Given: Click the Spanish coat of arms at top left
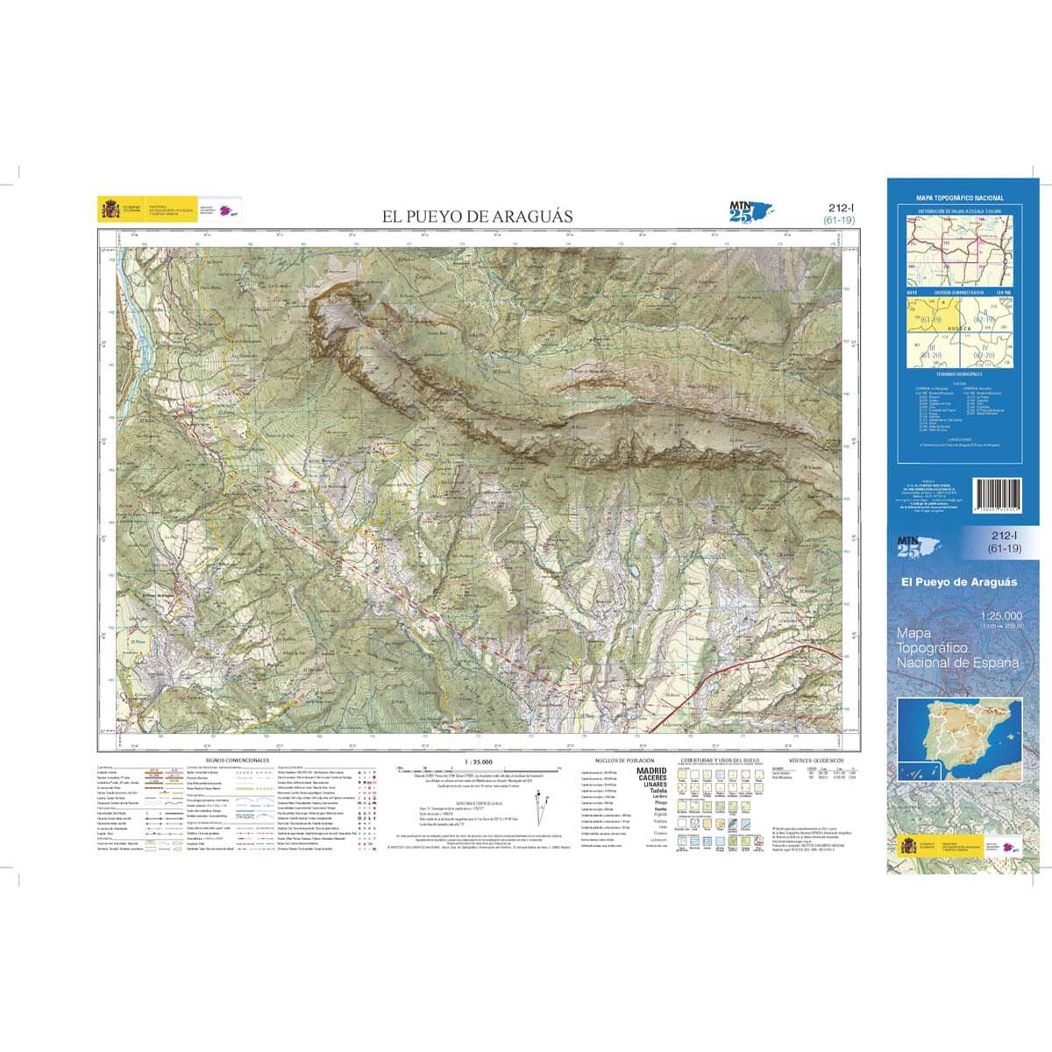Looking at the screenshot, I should [110, 210].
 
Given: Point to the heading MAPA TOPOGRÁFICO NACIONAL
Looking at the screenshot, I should [960, 199].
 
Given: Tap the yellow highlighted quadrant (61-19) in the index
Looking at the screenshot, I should [931, 316].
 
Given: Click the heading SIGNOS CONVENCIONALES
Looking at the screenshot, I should [238, 760].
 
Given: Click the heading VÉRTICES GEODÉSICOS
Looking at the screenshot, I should [815, 760].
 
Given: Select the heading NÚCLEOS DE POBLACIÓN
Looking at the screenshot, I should [619, 760].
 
